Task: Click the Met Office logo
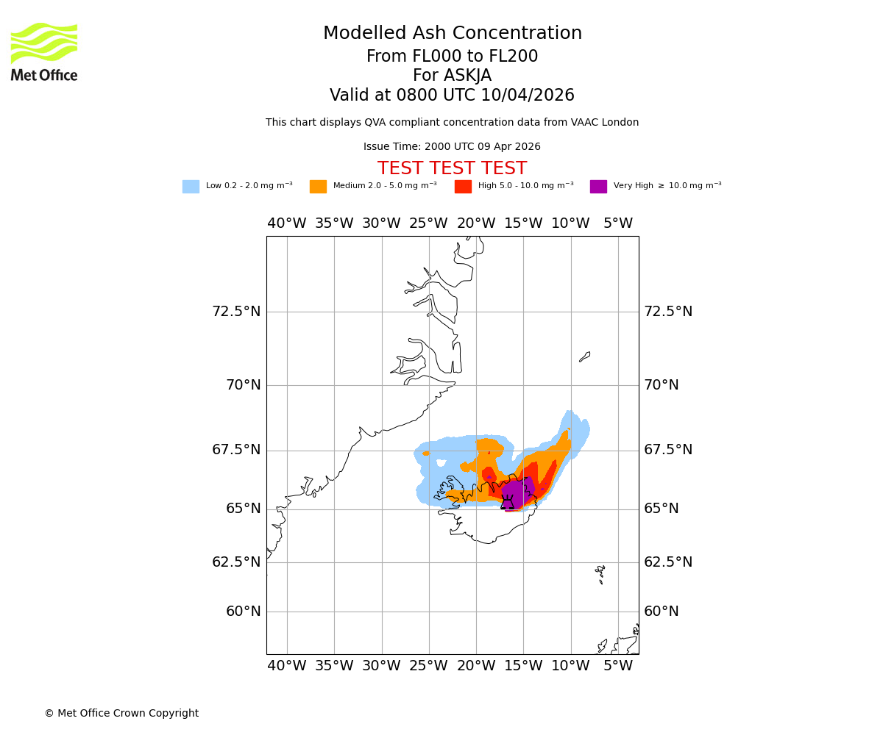point(44,51)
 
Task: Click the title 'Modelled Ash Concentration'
point(452,34)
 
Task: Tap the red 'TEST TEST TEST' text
point(452,168)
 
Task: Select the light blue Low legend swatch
point(191,187)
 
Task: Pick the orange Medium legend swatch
point(318,187)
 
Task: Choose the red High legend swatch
point(463,187)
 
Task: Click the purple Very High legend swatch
point(598,187)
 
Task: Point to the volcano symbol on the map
point(507,502)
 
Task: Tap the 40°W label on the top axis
point(286,223)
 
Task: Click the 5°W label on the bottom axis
point(617,666)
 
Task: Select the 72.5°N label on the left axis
point(236,312)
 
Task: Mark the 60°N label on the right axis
point(662,612)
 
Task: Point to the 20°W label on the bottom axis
point(475,666)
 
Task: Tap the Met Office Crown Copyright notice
point(121,713)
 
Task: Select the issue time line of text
point(452,147)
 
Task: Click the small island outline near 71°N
point(584,356)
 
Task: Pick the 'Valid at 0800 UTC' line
point(452,96)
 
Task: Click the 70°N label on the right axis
point(662,385)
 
